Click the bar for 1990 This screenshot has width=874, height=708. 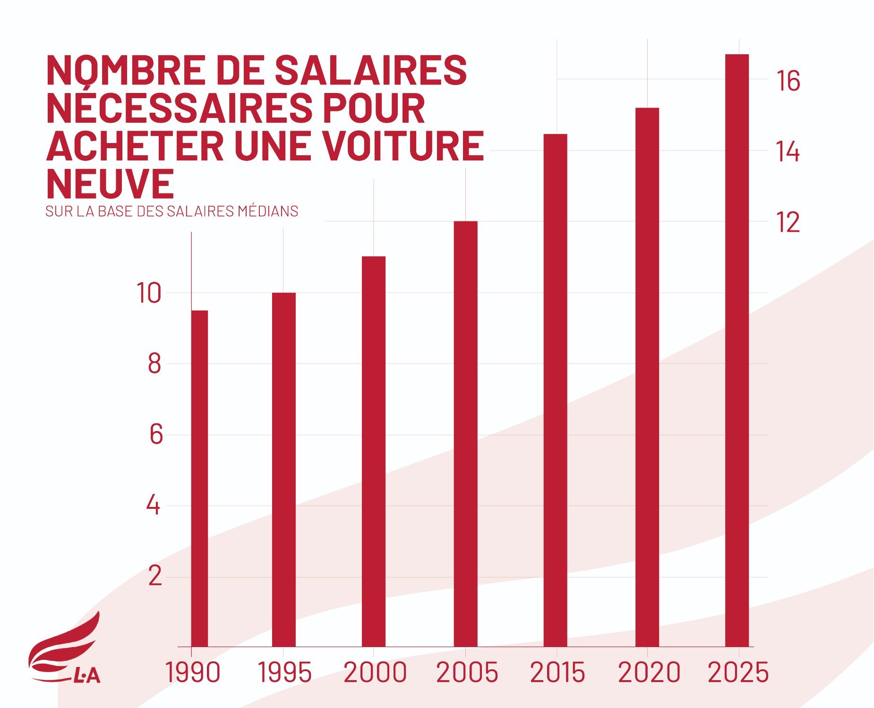(x=199, y=479)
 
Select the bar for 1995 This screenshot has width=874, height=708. (x=283, y=470)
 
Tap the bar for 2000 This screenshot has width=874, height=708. (x=373, y=452)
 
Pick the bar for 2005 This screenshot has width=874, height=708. (x=465, y=434)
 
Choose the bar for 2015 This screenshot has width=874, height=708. (x=555, y=391)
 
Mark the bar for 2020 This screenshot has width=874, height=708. (x=647, y=378)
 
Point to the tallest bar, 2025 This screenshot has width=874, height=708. (x=737, y=351)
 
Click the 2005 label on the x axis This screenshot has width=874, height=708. (x=467, y=673)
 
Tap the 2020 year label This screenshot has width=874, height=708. (x=649, y=673)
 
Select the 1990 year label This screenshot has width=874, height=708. (x=192, y=673)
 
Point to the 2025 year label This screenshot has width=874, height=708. (x=738, y=673)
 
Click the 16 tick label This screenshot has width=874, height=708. (x=788, y=81)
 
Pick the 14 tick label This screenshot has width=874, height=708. (x=788, y=152)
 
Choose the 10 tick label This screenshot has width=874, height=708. (x=149, y=293)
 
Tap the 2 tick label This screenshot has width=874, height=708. (x=155, y=576)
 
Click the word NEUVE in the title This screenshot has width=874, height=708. (x=110, y=184)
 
